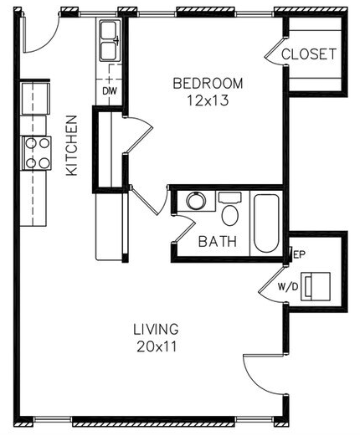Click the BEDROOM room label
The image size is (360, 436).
[x=208, y=84]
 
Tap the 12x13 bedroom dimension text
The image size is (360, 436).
[x=208, y=100]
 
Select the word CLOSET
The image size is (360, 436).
[x=309, y=54]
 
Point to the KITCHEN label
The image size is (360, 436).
[x=71, y=146]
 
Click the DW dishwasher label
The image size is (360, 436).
[x=110, y=91]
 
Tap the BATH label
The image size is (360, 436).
[x=218, y=242]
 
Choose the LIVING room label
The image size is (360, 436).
[x=156, y=329]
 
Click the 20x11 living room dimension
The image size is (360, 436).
[x=157, y=346]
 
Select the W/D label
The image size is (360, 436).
[x=288, y=286]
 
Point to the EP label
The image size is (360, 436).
[x=300, y=254]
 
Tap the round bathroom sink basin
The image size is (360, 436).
[x=196, y=201]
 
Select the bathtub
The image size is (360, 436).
[x=266, y=223]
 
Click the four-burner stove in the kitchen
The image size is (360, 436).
[x=37, y=153]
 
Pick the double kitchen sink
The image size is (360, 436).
[x=109, y=41]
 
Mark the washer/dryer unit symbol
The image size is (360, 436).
[x=316, y=286]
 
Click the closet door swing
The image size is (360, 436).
[x=272, y=54]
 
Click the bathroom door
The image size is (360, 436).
[x=184, y=232]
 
